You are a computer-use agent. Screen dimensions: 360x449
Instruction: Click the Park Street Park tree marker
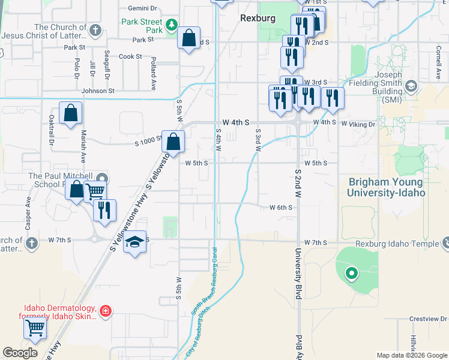click(x=172, y=25)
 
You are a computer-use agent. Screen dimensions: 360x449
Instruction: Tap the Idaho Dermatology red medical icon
click(x=106, y=311)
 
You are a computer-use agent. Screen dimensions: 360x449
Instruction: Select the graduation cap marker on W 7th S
click(x=136, y=242)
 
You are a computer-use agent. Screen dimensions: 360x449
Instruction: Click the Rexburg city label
click(x=258, y=18)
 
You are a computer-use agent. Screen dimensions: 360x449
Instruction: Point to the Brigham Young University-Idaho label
click(x=386, y=187)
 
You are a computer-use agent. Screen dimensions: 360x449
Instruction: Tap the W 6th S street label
click(x=280, y=208)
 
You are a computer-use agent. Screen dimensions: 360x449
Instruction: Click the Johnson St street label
click(x=98, y=91)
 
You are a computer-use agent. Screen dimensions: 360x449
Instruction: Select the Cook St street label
click(x=130, y=56)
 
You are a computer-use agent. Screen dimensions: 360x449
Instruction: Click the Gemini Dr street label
click(x=142, y=9)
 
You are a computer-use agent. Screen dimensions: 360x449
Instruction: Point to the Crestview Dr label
click(x=426, y=319)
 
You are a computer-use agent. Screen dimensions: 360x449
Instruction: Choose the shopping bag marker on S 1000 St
click(x=173, y=142)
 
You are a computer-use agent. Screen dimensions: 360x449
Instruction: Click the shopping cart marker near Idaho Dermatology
click(x=35, y=328)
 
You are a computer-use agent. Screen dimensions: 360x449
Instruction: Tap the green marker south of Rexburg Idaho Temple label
click(x=351, y=274)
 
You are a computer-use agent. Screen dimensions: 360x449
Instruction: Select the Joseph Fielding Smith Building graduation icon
click(x=411, y=86)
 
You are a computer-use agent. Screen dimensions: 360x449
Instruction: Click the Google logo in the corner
click(x=20, y=353)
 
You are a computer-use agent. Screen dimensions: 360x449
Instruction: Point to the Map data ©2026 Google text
click(x=412, y=355)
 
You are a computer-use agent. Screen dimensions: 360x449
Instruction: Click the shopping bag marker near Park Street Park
click(x=189, y=38)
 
